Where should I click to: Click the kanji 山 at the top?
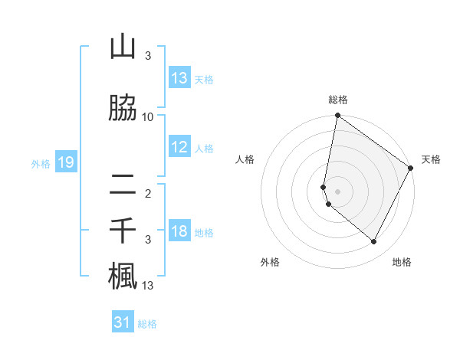coord(123,47)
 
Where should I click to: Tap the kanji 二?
coord(123,184)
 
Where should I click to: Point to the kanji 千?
coord(123,231)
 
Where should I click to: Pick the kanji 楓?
coord(123,277)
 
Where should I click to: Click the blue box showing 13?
coord(179,78)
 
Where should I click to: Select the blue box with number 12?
coord(179,147)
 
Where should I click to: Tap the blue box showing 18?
coord(179,231)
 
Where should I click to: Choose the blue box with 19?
coord(65,162)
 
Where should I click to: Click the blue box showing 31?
coord(123,322)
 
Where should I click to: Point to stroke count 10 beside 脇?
coord(148,116)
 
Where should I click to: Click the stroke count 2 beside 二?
coord(148,193)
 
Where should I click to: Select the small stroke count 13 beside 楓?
coord(148,286)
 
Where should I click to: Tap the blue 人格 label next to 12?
coord(204,148)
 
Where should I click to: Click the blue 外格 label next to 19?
coord(41,163)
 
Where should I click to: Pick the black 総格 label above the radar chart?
coord(338,100)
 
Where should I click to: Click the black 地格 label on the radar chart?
coord(402,262)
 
